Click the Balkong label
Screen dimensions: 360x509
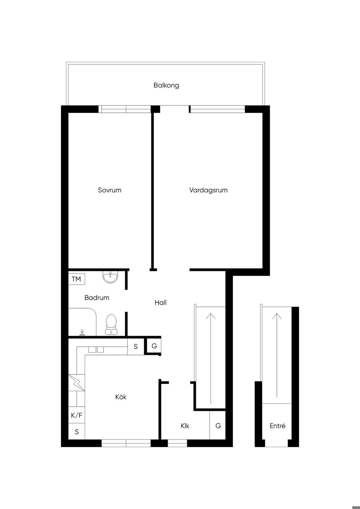[x=166, y=85]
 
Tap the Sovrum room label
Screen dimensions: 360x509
[x=110, y=190]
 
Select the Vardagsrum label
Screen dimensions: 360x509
[x=208, y=190]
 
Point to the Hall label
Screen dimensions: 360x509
[x=160, y=302]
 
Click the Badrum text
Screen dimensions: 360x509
[x=97, y=297]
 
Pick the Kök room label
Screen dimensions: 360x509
[x=121, y=397]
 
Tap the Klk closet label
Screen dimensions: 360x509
[x=185, y=426]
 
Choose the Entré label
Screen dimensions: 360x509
[x=277, y=426]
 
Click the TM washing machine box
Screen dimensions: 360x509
[x=77, y=279]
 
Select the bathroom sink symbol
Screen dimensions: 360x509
[x=110, y=277]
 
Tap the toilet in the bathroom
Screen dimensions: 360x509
[x=111, y=324]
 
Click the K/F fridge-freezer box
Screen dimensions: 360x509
[x=77, y=415]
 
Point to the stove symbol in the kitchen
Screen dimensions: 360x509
[x=77, y=383]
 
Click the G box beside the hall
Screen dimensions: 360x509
[x=154, y=346]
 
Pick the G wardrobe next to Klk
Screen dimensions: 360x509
[x=218, y=425]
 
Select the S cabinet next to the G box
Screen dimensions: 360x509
[x=136, y=347]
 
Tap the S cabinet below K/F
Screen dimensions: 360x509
[x=77, y=431]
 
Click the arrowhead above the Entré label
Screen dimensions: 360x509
[x=277, y=316]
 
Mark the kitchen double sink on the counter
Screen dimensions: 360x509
[x=96, y=349]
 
